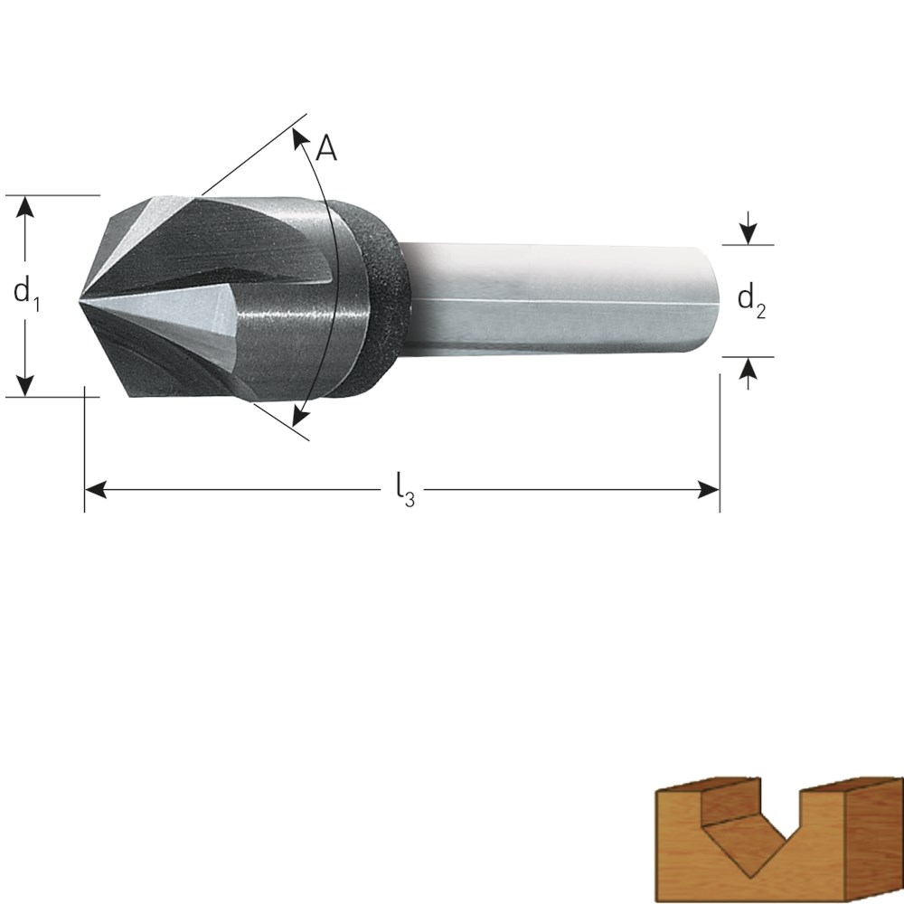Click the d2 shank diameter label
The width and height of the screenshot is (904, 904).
coord(752,301)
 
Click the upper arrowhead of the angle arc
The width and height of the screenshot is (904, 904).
coord(299,137)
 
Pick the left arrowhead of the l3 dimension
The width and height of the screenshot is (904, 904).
coord(96,490)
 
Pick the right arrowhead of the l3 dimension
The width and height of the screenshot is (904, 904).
coord(709,490)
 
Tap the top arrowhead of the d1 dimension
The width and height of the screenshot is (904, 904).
coord(24,207)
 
